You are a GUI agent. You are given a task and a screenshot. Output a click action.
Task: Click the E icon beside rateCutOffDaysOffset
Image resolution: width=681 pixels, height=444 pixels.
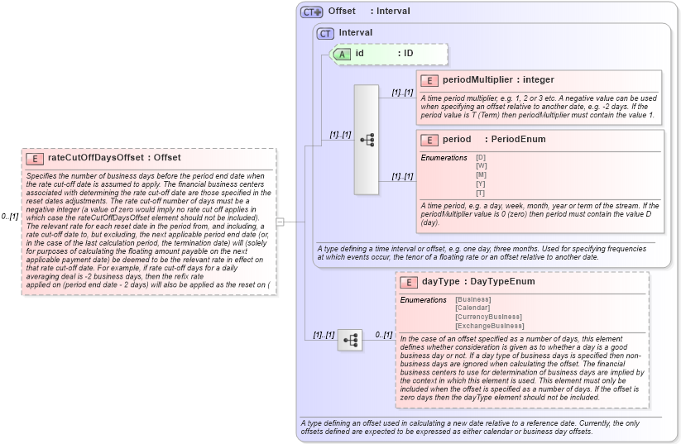click(x=35, y=158)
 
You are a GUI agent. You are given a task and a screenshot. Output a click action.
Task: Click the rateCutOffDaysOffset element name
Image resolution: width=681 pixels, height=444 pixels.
click(x=94, y=158)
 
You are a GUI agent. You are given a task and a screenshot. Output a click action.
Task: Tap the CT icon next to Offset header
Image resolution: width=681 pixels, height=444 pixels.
click(x=312, y=12)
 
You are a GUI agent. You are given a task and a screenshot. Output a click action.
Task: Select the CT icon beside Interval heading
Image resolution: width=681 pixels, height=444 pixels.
click(x=326, y=33)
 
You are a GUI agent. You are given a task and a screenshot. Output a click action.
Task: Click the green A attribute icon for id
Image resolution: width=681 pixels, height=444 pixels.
click(x=342, y=54)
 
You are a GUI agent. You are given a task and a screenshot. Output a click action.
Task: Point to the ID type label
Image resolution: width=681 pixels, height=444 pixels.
click(x=408, y=54)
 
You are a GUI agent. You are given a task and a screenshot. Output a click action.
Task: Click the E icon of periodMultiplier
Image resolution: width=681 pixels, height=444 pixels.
click(x=429, y=80)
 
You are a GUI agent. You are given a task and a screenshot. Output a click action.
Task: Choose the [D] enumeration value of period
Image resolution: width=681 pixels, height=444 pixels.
click(x=481, y=156)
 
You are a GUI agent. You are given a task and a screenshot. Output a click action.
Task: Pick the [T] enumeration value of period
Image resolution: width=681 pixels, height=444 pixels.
click(x=481, y=193)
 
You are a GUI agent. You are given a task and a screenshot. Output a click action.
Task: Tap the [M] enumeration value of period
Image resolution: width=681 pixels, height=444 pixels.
click(x=481, y=174)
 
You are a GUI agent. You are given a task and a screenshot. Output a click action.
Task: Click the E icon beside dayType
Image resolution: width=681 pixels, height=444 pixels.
click(x=408, y=282)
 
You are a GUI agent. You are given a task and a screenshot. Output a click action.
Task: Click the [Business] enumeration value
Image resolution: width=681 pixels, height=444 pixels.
click(x=473, y=298)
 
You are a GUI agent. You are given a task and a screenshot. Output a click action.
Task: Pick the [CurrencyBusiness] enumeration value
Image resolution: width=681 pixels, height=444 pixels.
click(x=488, y=317)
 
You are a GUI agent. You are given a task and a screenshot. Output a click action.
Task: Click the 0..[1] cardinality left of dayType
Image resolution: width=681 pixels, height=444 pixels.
click(x=383, y=335)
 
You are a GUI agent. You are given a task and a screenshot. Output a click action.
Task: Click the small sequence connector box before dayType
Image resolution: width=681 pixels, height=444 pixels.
click(x=350, y=339)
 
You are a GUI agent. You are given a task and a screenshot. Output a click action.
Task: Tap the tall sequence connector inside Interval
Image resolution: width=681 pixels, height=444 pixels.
click(x=367, y=140)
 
